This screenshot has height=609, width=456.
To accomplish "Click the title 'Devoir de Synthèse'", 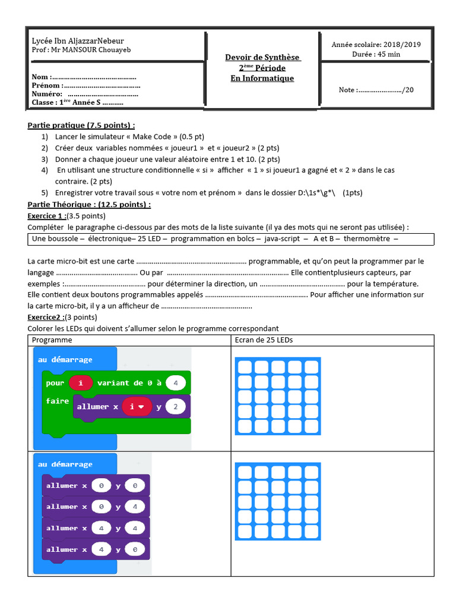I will pyautogui.click(x=262, y=57).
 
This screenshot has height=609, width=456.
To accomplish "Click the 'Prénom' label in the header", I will pyautogui.click(x=46, y=86).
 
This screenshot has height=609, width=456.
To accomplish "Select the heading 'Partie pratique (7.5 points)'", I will pyautogui.click(x=81, y=125).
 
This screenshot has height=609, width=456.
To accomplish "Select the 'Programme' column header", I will pyautogui.click(x=52, y=340).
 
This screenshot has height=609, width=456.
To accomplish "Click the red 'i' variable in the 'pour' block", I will pyautogui.click(x=80, y=383).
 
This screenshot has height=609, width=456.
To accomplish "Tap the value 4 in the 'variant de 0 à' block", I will pyautogui.click(x=176, y=383).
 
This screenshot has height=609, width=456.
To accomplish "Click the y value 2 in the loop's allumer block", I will pyautogui.click(x=176, y=407).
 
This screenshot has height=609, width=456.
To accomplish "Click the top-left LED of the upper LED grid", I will pyautogui.click(x=244, y=366).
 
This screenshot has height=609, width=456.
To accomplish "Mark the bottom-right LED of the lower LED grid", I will pyautogui.click(x=311, y=532).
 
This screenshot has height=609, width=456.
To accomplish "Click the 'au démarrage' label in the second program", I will pyautogui.click(x=65, y=464).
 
